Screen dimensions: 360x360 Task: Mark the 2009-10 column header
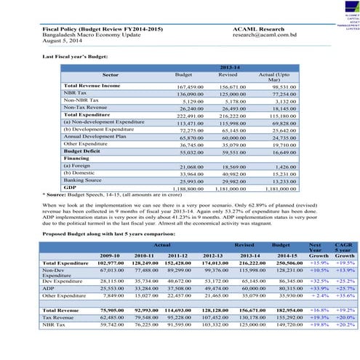coord(109,256)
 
